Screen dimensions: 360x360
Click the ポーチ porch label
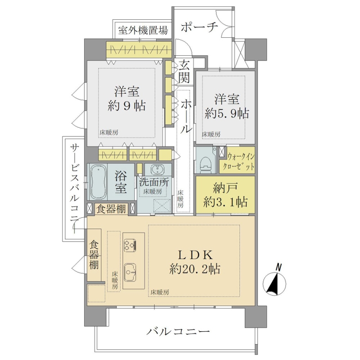coord(199,27)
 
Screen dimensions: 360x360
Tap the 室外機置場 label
coord(143,30)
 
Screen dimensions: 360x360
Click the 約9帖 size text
coord(126,106)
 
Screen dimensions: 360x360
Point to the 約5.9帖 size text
coord(227,113)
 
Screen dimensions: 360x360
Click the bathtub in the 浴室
coord(99,182)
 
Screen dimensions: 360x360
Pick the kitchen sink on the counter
coord(130,273)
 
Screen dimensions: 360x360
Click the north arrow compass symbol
coord(274,283)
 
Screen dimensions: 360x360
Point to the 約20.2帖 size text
coord(195,269)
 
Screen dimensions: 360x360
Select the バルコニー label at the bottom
coord(178,331)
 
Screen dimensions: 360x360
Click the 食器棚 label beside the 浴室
coord(111,209)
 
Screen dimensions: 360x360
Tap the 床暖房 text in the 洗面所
coord(153,191)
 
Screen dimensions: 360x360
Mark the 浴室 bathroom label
coord(121,183)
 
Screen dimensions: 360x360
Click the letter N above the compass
coord(279,267)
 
